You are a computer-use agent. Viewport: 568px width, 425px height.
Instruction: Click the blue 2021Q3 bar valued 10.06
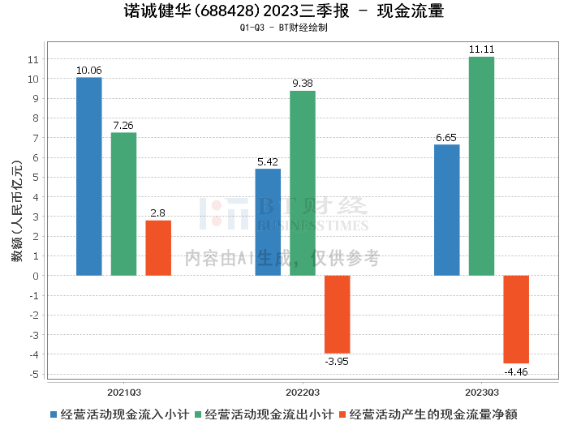88,177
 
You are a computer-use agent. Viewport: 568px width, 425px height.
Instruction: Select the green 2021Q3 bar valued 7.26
123,204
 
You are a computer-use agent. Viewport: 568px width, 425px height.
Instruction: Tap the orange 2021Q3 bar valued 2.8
158,248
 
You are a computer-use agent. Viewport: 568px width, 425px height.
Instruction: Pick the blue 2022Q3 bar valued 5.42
268,222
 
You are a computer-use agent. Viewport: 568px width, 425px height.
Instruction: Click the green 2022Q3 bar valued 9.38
303,183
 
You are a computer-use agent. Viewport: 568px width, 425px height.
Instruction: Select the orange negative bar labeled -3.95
337,314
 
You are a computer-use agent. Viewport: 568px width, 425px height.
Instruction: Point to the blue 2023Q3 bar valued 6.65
446,210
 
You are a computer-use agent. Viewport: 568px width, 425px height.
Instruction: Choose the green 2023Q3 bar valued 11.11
481,166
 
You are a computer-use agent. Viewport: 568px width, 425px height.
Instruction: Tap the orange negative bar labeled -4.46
516,320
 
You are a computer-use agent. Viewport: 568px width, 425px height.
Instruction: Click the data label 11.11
481,50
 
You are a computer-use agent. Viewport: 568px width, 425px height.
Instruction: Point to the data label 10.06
88,71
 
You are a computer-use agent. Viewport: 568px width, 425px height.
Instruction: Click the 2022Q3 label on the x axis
303,390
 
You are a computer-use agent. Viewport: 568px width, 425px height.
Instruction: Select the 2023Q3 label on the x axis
481,390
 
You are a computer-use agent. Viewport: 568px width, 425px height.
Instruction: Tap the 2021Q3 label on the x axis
123,390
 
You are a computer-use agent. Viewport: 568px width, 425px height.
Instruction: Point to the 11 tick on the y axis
32,60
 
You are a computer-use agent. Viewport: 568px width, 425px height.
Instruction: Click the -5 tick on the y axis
34,374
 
